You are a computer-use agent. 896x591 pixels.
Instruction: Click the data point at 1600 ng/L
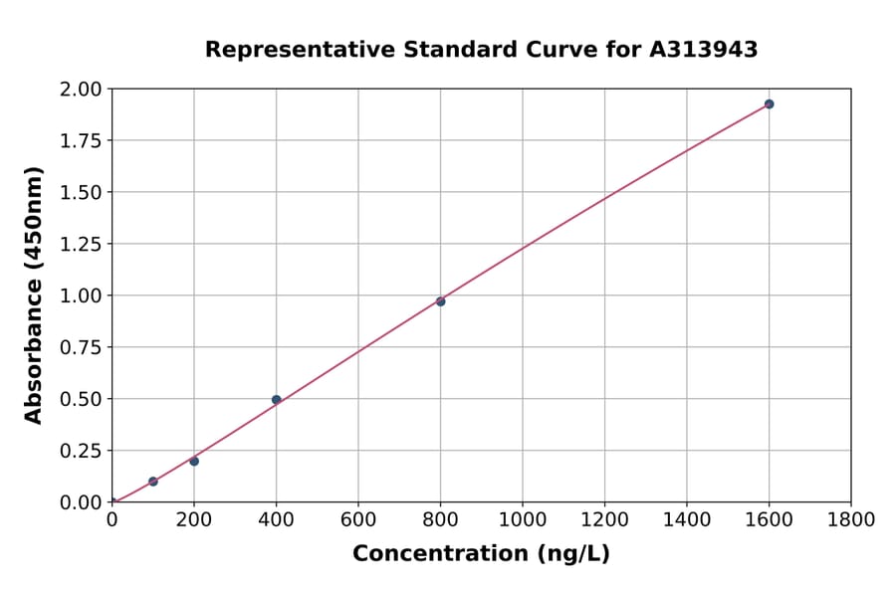click(x=769, y=104)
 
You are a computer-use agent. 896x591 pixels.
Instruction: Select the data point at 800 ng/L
click(x=440, y=301)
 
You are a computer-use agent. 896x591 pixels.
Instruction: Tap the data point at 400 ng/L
click(x=276, y=400)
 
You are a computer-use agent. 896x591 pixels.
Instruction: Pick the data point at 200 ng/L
click(x=194, y=461)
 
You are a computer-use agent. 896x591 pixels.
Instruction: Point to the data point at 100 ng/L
click(x=153, y=482)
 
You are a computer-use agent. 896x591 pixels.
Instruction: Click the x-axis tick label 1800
click(x=851, y=519)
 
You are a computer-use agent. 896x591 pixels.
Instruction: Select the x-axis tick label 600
click(x=358, y=519)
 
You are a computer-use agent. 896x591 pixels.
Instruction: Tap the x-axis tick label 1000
click(x=523, y=519)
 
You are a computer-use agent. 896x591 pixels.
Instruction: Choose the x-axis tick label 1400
click(x=687, y=519)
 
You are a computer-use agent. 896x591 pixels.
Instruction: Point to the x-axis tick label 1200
click(x=604, y=519)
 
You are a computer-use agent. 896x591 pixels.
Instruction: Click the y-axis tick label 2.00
click(x=82, y=90)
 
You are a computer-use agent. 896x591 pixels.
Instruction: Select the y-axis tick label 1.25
click(x=82, y=244)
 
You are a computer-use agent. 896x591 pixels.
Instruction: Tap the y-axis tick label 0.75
click(x=82, y=347)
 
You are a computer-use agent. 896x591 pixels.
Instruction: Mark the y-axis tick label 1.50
click(x=82, y=192)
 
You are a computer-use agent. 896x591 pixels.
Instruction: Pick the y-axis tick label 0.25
click(x=82, y=451)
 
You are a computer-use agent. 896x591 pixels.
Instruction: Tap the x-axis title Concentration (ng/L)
click(x=481, y=554)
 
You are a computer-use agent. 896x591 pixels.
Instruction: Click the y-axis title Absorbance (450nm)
click(x=34, y=295)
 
